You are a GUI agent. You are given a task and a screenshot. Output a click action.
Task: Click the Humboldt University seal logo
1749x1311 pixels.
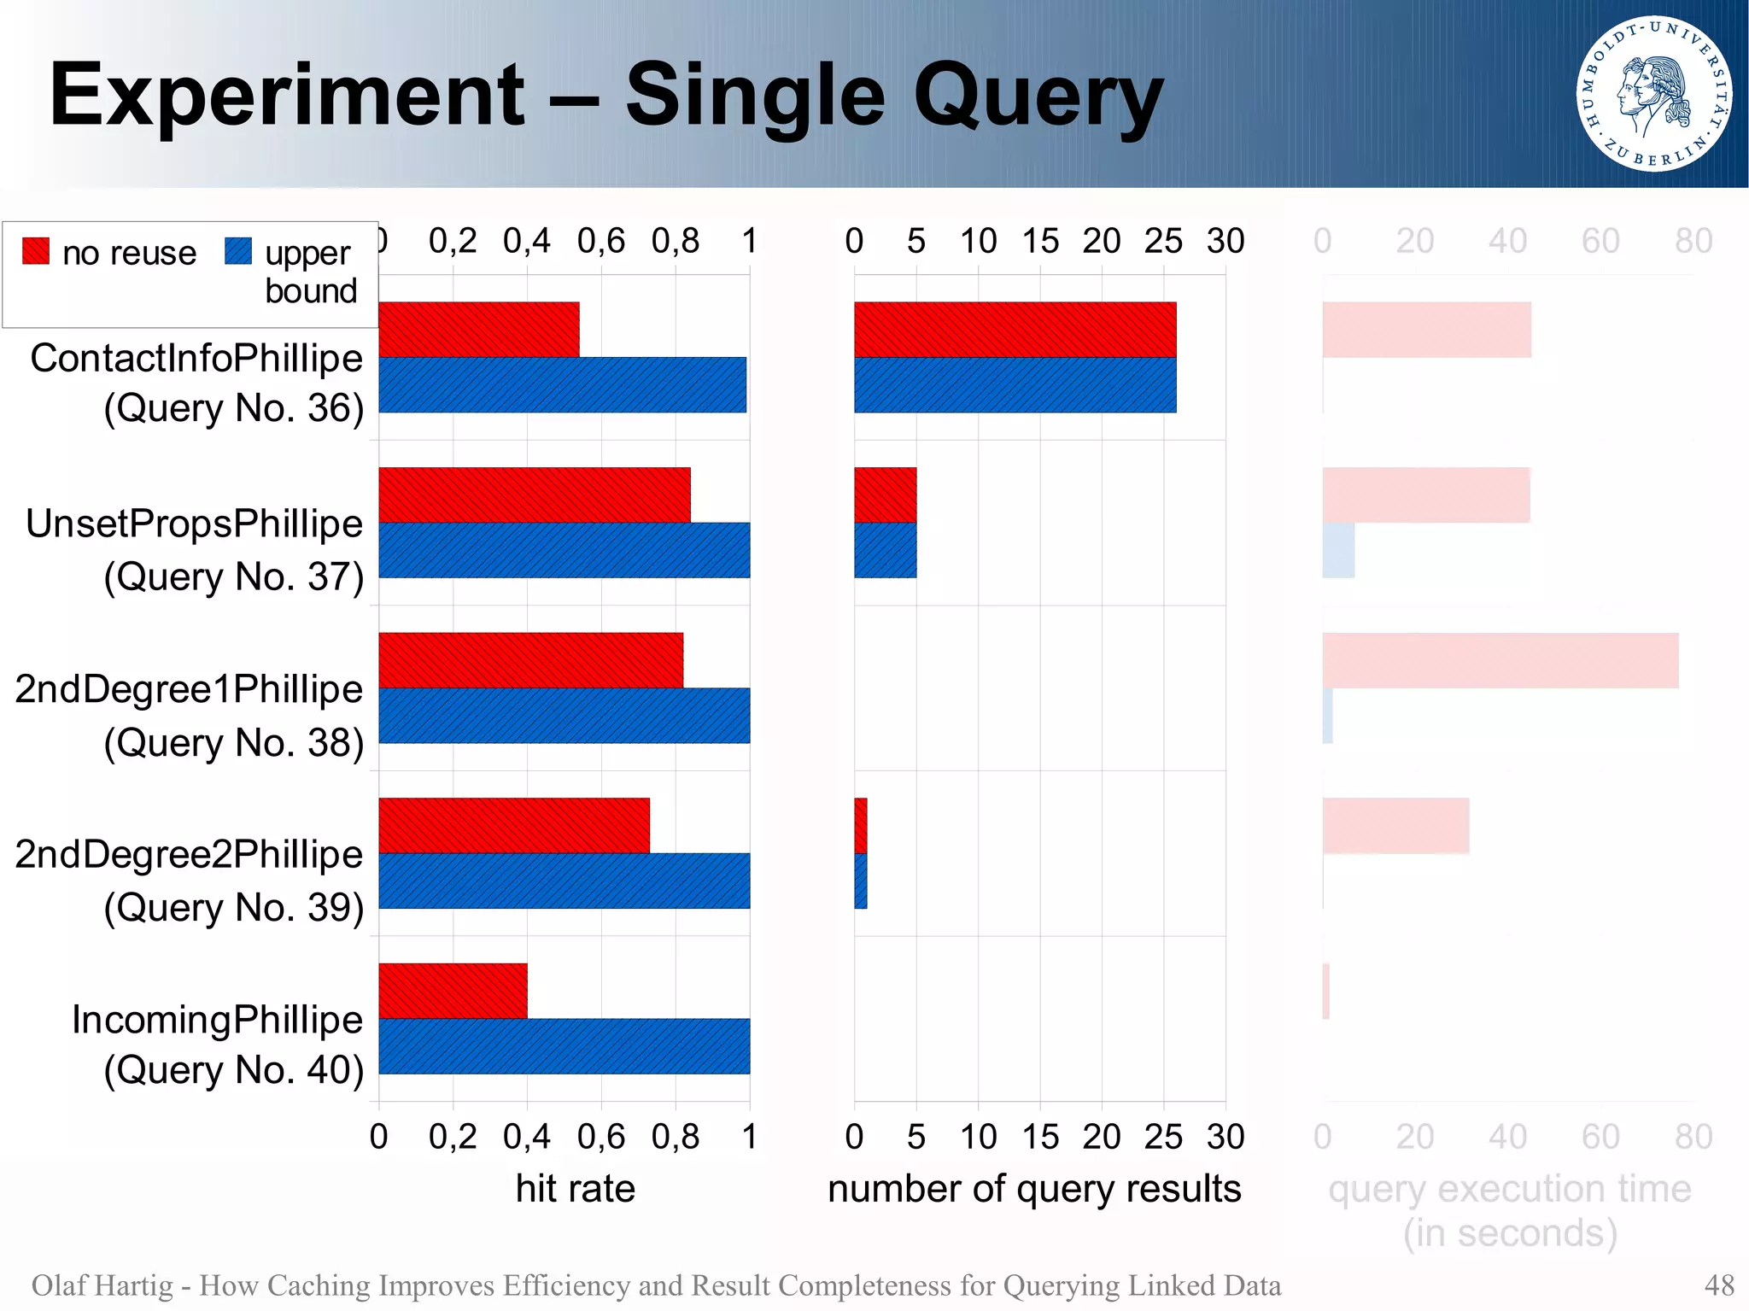(x=1653, y=93)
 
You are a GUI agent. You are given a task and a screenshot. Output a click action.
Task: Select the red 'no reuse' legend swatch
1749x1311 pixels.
(x=36, y=251)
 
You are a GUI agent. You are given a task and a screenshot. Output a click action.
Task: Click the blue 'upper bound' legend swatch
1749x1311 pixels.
(x=238, y=251)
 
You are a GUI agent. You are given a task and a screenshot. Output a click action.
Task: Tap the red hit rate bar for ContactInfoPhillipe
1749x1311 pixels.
(x=478, y=330)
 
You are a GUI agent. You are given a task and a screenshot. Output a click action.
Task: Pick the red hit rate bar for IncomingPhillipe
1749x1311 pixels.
(x=453, y=991)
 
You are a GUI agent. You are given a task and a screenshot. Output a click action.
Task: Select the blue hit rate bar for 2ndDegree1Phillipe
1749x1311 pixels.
(x=564, y=716)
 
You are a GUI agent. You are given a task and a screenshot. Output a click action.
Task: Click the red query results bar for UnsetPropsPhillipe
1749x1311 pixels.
(x=885, y=495)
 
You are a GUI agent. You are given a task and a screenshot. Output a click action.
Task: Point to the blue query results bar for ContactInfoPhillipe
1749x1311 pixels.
(x=1015, y=385)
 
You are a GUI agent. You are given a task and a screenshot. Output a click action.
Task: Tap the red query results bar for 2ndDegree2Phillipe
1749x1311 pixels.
(x=861, y=826)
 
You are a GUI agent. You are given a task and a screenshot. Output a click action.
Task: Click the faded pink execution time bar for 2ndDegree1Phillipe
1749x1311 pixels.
(x=1500, y=660)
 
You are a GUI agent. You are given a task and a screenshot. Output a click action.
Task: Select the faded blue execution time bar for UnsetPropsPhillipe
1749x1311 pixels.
(x=1338, y=550)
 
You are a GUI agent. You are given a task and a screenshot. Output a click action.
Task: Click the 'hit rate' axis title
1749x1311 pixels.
(x=575, y=1189)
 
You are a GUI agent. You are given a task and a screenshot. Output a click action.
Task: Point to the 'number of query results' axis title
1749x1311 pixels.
(x=1034, y=1189)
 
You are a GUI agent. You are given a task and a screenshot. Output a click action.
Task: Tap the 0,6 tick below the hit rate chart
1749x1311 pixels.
(x=600, y=1137)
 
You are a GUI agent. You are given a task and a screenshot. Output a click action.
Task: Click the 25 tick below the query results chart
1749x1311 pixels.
(x=1163, y=1137)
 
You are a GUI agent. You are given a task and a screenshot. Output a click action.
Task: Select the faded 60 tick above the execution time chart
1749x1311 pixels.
(x=1600, y=241)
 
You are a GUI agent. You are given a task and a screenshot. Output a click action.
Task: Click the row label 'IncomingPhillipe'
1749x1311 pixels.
(x=217, y=1020)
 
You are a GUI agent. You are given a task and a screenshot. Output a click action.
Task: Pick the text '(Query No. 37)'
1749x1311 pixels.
(x=233, y=576)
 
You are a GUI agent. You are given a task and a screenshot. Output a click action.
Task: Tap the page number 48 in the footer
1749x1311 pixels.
(x=1718, y=1285)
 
